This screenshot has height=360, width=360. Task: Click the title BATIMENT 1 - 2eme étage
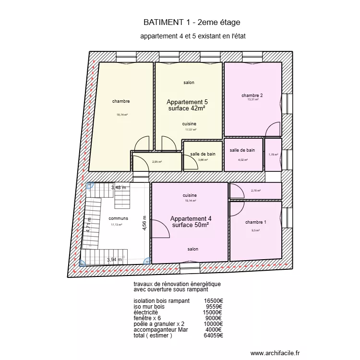[x=192, y=22]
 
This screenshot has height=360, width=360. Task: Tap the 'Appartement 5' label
[x=187, y=102]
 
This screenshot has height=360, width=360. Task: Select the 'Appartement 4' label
[x=191, y=218]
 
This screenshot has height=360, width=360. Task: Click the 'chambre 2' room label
[x=252, y=95]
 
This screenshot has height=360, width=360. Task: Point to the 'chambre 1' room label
[x=255, y=222]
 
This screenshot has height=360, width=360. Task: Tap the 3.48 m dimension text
[x=119, y=188]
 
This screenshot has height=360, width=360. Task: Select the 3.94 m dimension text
[x=116, y=260]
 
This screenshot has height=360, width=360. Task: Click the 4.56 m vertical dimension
[x=144, y=223]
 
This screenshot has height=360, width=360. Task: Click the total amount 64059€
[x=213, y=336]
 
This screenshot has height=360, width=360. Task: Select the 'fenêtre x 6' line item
[x=150, y=318]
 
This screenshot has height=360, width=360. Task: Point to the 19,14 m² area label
[x=190, y=201]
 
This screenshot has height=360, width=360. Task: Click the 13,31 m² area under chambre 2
[x=252, y=100]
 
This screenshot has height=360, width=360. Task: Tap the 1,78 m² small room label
[x=273, y=155]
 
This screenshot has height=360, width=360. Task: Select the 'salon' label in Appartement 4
[x=192, y=249]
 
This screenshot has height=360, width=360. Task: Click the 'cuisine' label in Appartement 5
[x=189, y=124]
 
